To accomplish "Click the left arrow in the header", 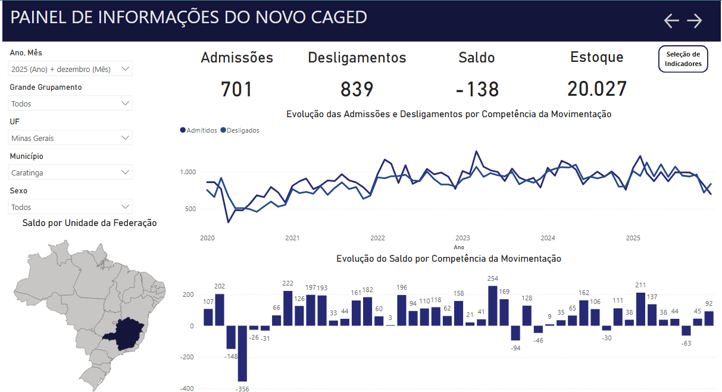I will pos(671,21).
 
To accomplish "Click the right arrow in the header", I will pos(695,21).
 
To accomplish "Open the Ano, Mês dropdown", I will pos(71,69).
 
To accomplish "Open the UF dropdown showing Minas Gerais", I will pos(71,138).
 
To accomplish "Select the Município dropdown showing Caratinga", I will pos(71,173).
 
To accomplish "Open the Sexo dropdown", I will pos(71,207).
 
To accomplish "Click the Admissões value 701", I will pos(237,89).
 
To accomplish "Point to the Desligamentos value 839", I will pos(357,89).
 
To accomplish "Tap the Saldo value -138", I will pos(477,89).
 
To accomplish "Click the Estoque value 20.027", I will pos(597,89).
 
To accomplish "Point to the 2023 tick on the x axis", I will pos(462,238).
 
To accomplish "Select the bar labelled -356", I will pos(242,353).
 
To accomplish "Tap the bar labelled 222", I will pos(288,308).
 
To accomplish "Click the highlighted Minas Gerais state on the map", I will pos(126,334).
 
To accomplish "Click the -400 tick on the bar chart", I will pos(187,388).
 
